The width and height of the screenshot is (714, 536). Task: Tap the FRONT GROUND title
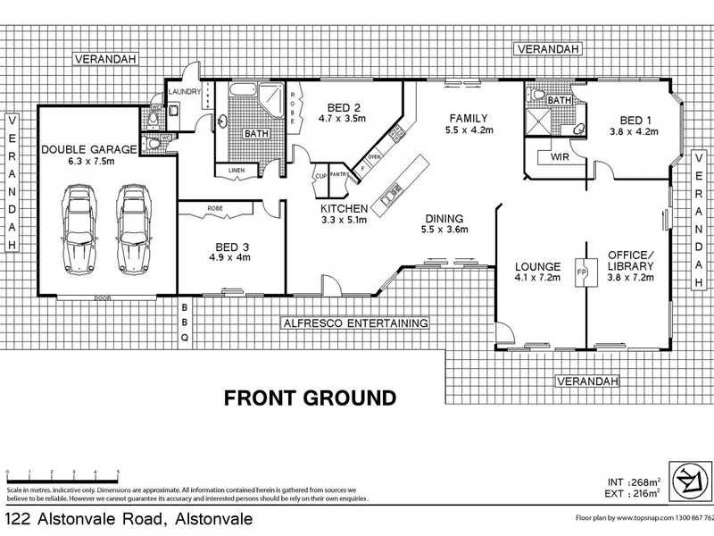(x=310, y=398)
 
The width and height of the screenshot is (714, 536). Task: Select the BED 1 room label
(x=633, y=125)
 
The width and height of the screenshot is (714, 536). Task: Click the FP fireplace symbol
(x=581, y=272)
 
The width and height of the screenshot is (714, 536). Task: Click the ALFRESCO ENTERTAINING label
(x=356, y=322)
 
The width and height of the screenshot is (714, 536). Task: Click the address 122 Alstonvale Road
(x=129, y=519)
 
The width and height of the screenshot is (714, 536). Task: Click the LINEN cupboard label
(x=236, y=170)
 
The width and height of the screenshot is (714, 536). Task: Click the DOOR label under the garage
(x=104, y=298)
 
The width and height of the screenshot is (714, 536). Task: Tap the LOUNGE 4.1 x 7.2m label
(x=538, y=272)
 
